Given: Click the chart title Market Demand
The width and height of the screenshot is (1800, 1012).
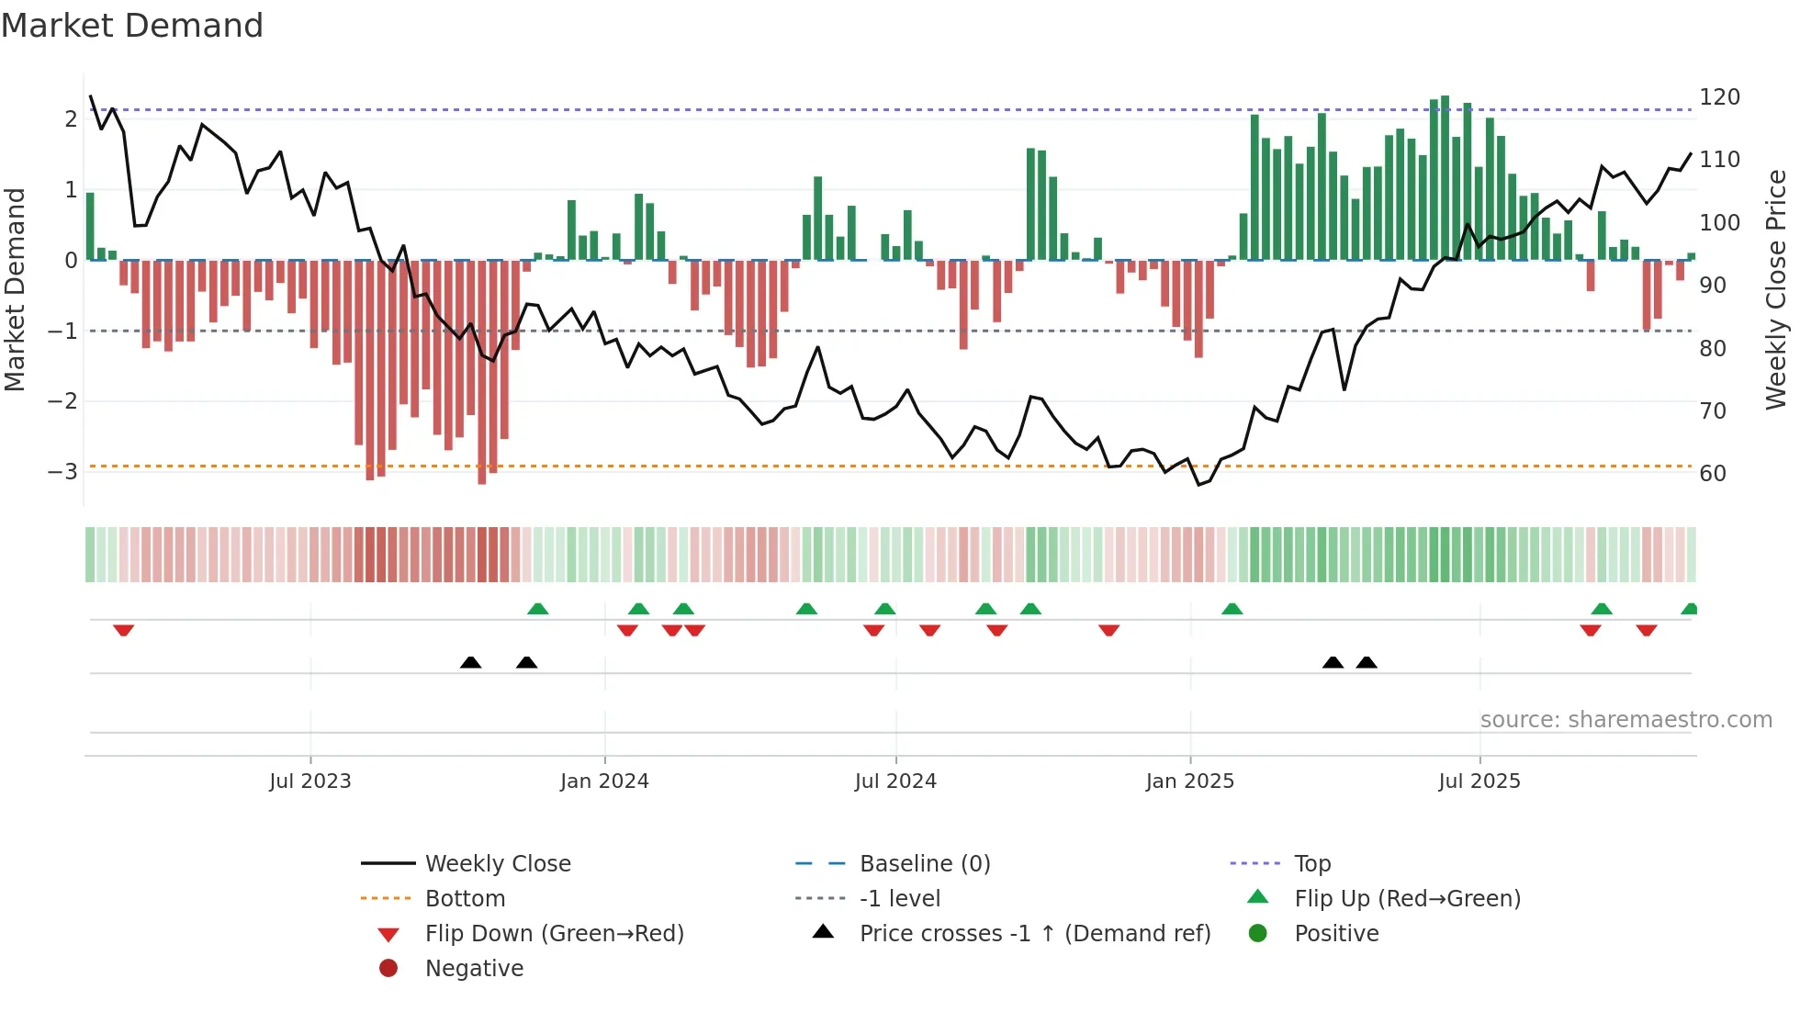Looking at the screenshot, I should pyautogui.click(x=132, y=26).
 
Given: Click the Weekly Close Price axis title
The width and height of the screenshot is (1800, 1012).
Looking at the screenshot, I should pyautogui.click(x=1776, y=289).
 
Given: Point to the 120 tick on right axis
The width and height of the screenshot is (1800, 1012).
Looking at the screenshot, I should pyautogui.click(x=1719, y=97).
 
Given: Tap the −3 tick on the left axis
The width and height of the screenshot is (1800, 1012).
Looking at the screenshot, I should pyautogui.click(x=62, y=472).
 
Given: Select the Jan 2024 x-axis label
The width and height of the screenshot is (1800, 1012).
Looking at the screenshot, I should pyautogui.click(x=604, y=781).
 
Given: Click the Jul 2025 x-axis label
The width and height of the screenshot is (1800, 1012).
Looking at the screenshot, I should pyautogui.click(x=1479, y=781).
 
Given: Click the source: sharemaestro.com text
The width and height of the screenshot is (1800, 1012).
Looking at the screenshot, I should pyautogui.click(x=1626, y=720).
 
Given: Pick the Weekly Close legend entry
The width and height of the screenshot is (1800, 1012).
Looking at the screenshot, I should pyautogui.click(x=497, y=864).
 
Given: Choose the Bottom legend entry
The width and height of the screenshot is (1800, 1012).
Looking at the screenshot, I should pyautogui.click(x=465, y=899).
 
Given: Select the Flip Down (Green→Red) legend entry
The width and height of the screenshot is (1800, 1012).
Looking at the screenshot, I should pyautogui.click(x=554, y=934).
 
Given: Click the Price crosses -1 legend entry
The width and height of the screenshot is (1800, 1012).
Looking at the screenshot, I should pyautogui.click(x=1034, y=934).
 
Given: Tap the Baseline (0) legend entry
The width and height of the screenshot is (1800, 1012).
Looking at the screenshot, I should pyautogui.click(x=924, y=864).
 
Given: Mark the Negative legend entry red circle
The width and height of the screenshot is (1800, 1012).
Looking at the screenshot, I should pyautogui.click(x=388, y=969).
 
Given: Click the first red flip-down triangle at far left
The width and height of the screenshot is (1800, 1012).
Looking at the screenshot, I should pyautogui.click(x=124, y=630).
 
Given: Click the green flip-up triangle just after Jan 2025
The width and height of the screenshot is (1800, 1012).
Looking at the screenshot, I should pyautogui.click(x=1232, y=609).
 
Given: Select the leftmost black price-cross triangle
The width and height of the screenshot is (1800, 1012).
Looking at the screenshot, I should pyautogui.click(x=470, y=662).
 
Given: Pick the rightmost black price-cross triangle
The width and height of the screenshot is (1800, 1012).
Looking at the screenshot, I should pyautogui.click(x=1367, y=662).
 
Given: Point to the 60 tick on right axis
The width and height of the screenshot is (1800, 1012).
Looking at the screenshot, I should pyautogui.click(x=1713, y=474).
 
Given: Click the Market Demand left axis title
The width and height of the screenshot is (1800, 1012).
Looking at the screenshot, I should pyautogui.click(x=15, y=289).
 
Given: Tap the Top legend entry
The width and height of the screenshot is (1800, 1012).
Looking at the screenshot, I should pyautogui.click(x=1311, y=864).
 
